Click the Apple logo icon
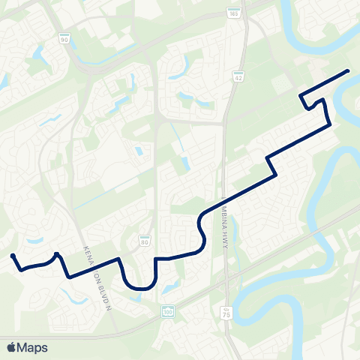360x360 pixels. point(10,347)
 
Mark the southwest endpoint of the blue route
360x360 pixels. point(13,256)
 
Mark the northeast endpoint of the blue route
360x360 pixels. point(348,70)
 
